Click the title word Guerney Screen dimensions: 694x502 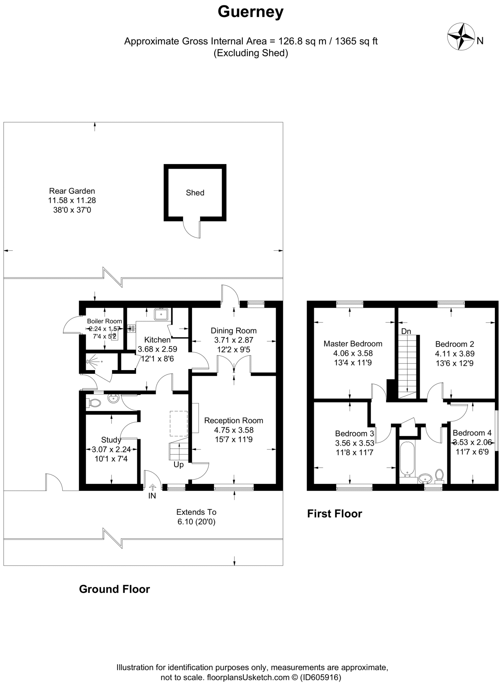250,12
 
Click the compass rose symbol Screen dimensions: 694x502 461,36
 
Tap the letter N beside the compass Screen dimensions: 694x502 480,41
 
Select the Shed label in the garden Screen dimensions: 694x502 195,193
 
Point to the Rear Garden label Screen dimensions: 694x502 72,191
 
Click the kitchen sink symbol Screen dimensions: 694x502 161,314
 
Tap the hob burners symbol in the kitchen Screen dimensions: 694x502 131,328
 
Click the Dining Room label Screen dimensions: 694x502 234,331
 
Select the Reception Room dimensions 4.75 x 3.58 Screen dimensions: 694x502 234,430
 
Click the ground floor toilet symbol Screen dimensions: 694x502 94,403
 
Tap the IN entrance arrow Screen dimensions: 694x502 152,488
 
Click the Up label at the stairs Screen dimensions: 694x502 179,465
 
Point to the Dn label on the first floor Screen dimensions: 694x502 406,331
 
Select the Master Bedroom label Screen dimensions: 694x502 353,344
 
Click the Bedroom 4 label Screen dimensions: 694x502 472,433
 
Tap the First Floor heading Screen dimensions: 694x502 334,514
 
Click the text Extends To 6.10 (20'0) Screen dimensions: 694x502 196,517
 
